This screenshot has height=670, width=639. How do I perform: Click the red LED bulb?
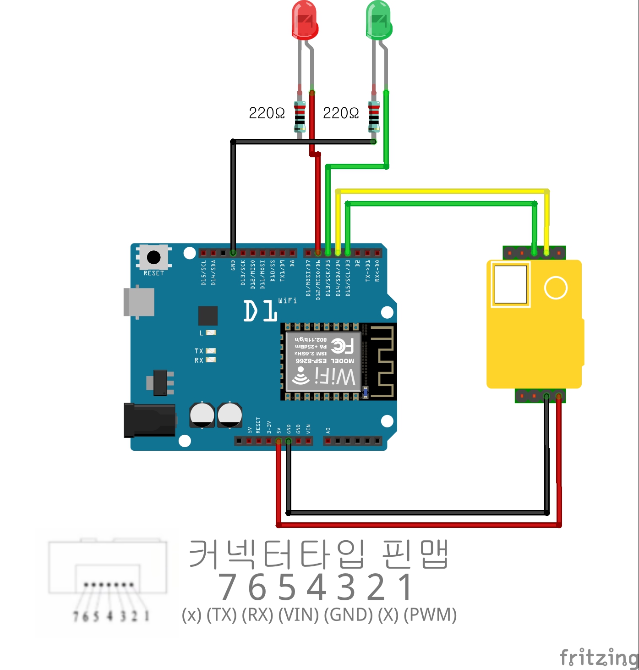pyautogui.click(x=305, y=21)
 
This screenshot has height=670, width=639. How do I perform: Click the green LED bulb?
pyautogui.click(x=378, y=21)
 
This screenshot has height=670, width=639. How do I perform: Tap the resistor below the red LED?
pyautogui.click(x=300, y=117)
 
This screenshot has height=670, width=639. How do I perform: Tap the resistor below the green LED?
pyautogui.click(x=374, y=117)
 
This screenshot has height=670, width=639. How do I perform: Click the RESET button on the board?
pyautogui.click(x=153, y=257)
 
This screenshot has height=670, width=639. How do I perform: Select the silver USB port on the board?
pyautogui.click(x=139, y=302)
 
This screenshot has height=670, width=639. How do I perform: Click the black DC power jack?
pyautogui.click(x=149, y=420)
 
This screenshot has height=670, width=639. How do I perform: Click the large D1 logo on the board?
pyautogui.click(x=260, y=311)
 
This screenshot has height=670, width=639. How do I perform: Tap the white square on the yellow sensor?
pyautogui.click(x=510, y=284)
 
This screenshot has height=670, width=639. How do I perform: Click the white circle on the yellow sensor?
pyautogui.click(x=556, y=288)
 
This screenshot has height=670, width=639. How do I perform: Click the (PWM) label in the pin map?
pyautogui.click(x=430, y=615)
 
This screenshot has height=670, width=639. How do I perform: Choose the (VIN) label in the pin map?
pyautogui.click(x=298, y=615)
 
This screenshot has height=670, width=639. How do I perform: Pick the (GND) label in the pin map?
pyautogui.click(x=348, y=615)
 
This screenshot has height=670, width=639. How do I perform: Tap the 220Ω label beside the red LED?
pyautogui.click(x=267, y=113)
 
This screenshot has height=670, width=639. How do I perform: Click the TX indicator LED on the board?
pyautogui.click(x=211, y=351)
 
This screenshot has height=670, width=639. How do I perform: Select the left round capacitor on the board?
pyautogui.click(x=202, y=415)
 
